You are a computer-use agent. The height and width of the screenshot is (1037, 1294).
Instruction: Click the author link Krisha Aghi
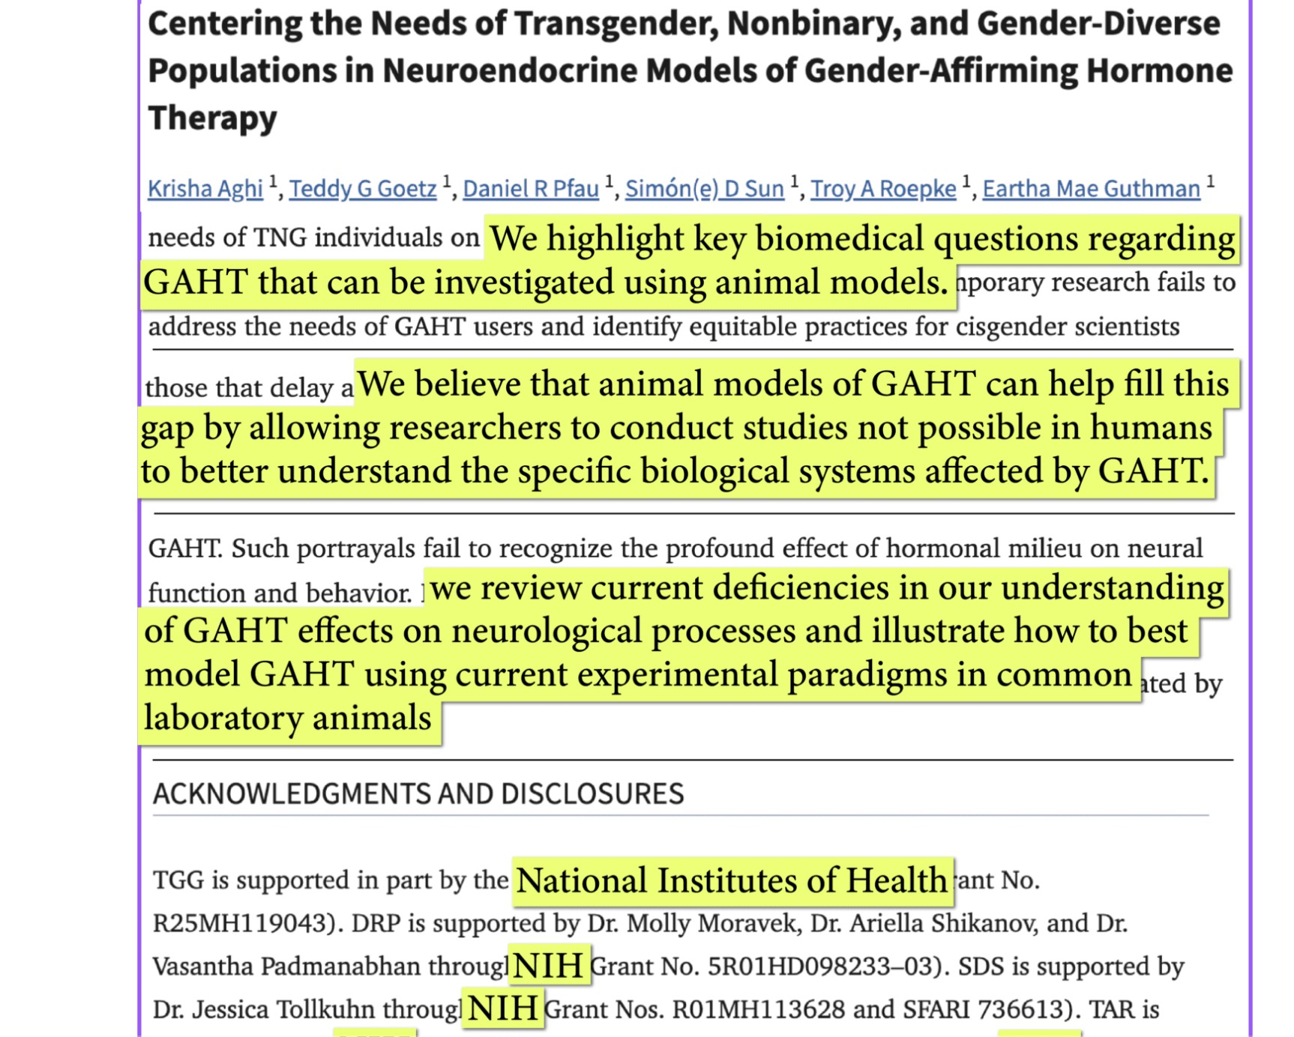point(205,189)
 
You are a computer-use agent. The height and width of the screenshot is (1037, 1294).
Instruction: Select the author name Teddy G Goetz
point(362,189)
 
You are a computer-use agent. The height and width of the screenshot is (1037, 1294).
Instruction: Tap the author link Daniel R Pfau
point(531,189)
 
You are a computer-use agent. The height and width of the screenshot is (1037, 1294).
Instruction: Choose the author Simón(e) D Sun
point(704,189)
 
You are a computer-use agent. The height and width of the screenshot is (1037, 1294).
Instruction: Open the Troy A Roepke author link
point(882,189)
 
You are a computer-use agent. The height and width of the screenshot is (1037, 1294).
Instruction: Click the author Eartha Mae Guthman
point(1091,189)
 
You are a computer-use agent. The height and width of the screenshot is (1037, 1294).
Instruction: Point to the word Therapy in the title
point(213,118)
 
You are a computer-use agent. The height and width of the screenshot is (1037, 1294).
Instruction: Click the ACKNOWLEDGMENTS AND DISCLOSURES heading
point(418,793)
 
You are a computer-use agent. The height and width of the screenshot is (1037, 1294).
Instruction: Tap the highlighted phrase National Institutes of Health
point(732,880)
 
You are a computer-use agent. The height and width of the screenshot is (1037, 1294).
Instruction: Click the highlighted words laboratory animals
point(288,718)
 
